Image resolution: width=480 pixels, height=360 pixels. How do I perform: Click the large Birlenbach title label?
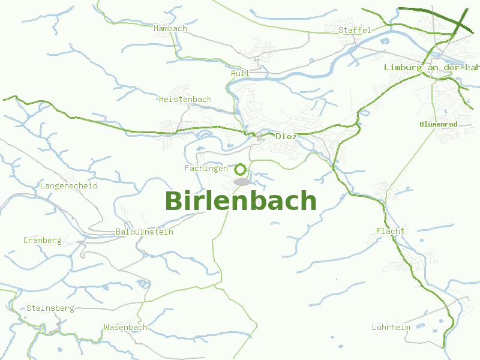click(x=241, y=201)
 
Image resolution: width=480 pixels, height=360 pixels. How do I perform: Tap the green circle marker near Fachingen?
click(x=241, y=169)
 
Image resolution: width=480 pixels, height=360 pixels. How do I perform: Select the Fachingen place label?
click(x=206, y=169)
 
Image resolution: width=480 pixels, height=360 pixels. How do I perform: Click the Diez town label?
click(x=286, y=136)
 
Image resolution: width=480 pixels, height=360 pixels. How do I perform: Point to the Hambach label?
click(x=170, y=28)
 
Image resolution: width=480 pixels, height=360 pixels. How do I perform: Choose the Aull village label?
click(x=240, y=73)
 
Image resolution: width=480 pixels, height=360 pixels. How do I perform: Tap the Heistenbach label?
click(x=185, y=99)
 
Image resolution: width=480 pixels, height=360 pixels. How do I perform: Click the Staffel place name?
click(x=355, y=30)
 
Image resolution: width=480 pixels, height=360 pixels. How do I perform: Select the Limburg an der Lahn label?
click(x=432, y=68)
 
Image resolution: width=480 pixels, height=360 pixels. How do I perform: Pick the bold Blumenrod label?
click(x=439, y=124)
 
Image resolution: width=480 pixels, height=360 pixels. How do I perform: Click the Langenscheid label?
click(x=69, y=186)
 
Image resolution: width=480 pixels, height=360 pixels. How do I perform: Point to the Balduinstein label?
click(x=145, y=232)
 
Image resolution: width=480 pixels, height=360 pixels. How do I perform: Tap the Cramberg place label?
click(x=43, y=241)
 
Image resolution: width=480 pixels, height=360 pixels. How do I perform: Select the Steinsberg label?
click(x=50, y=308)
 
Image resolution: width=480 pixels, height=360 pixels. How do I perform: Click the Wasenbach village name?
click(x=125, y=328)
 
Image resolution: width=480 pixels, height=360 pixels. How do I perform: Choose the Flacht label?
click(x=391, y=231)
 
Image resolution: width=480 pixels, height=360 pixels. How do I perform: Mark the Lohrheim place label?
click(x=391, y=328)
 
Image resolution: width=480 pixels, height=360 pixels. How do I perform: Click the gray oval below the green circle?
click(x=241, y=181)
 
